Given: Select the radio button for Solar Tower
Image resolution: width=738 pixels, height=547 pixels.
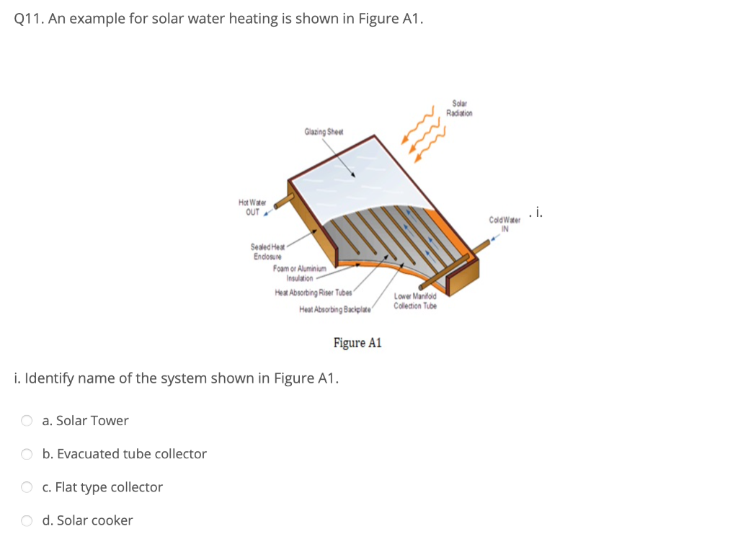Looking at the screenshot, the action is pos(27,421).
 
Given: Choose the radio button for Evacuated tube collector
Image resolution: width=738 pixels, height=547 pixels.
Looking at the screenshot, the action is pos(27,454).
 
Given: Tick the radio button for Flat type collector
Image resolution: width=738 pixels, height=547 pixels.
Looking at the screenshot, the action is pos(27,487).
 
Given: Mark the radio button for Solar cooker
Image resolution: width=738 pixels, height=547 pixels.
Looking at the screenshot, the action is pos(27,520).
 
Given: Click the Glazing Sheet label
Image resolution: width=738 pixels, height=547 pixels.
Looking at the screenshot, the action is pos(324,132).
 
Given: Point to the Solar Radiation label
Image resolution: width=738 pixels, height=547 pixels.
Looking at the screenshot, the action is pos(459,109).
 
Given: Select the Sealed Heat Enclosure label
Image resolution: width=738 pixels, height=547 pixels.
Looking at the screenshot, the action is pos(267,252).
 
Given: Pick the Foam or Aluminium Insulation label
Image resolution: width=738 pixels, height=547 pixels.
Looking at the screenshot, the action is pos(300,273).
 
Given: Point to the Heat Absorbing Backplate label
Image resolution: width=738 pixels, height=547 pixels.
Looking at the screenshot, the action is pos(334,310).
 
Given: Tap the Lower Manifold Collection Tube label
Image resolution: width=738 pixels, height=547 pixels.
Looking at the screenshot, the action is pos(415,301).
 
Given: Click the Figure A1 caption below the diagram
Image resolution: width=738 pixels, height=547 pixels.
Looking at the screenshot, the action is pos(357,343).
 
